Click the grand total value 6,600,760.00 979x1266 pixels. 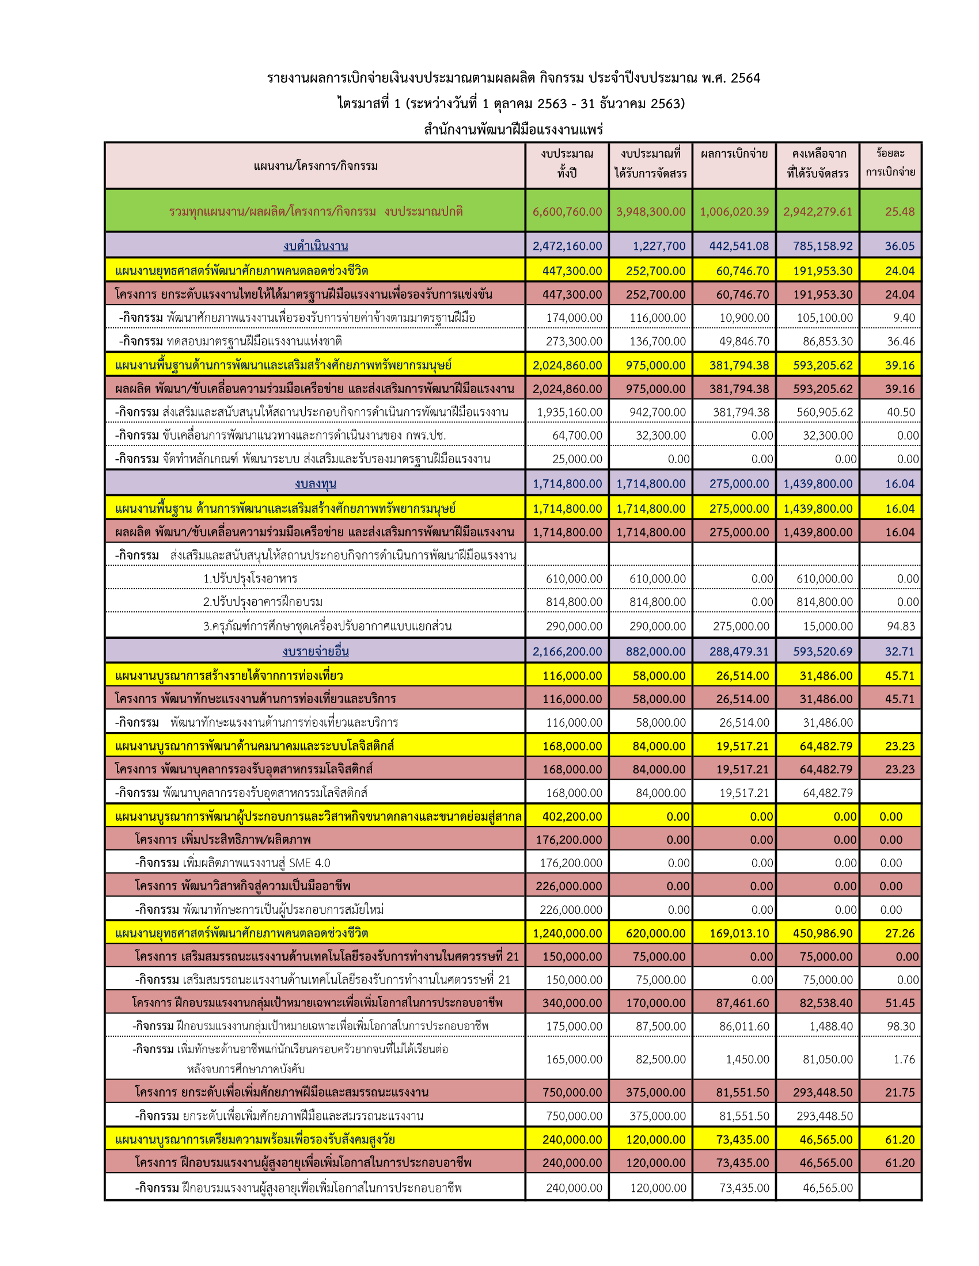[567, 212]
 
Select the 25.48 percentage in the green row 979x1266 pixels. [899, 212]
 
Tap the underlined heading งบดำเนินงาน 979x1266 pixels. [316, 246]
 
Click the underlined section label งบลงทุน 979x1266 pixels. [316, 483]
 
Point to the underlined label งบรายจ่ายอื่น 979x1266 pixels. [316, 651]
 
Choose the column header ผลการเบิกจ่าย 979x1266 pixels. [734, 154]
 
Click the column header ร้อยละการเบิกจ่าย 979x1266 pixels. [890, 163]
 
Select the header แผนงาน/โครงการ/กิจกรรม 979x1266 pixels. [316, 166]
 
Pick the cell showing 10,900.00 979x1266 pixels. [743, 318]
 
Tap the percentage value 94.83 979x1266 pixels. [901, 626]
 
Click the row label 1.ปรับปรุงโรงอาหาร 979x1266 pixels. [250, 578]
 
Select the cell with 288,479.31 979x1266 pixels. [739, 651]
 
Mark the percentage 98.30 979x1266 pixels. [901, 1027]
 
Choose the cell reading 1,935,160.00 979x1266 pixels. [569, 412]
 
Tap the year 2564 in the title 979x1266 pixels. [745, 78]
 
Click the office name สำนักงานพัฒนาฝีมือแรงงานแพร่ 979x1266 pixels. [513, 129]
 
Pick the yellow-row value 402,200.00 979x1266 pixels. [572, 816]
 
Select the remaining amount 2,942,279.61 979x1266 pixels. [817, 212]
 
